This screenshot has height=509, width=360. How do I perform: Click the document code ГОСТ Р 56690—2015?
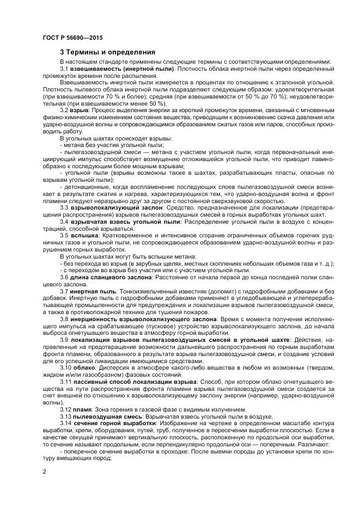point(72,38)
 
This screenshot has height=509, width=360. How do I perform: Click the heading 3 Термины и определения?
point(107,52)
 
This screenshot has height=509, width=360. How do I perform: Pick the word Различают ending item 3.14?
point(301,444)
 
